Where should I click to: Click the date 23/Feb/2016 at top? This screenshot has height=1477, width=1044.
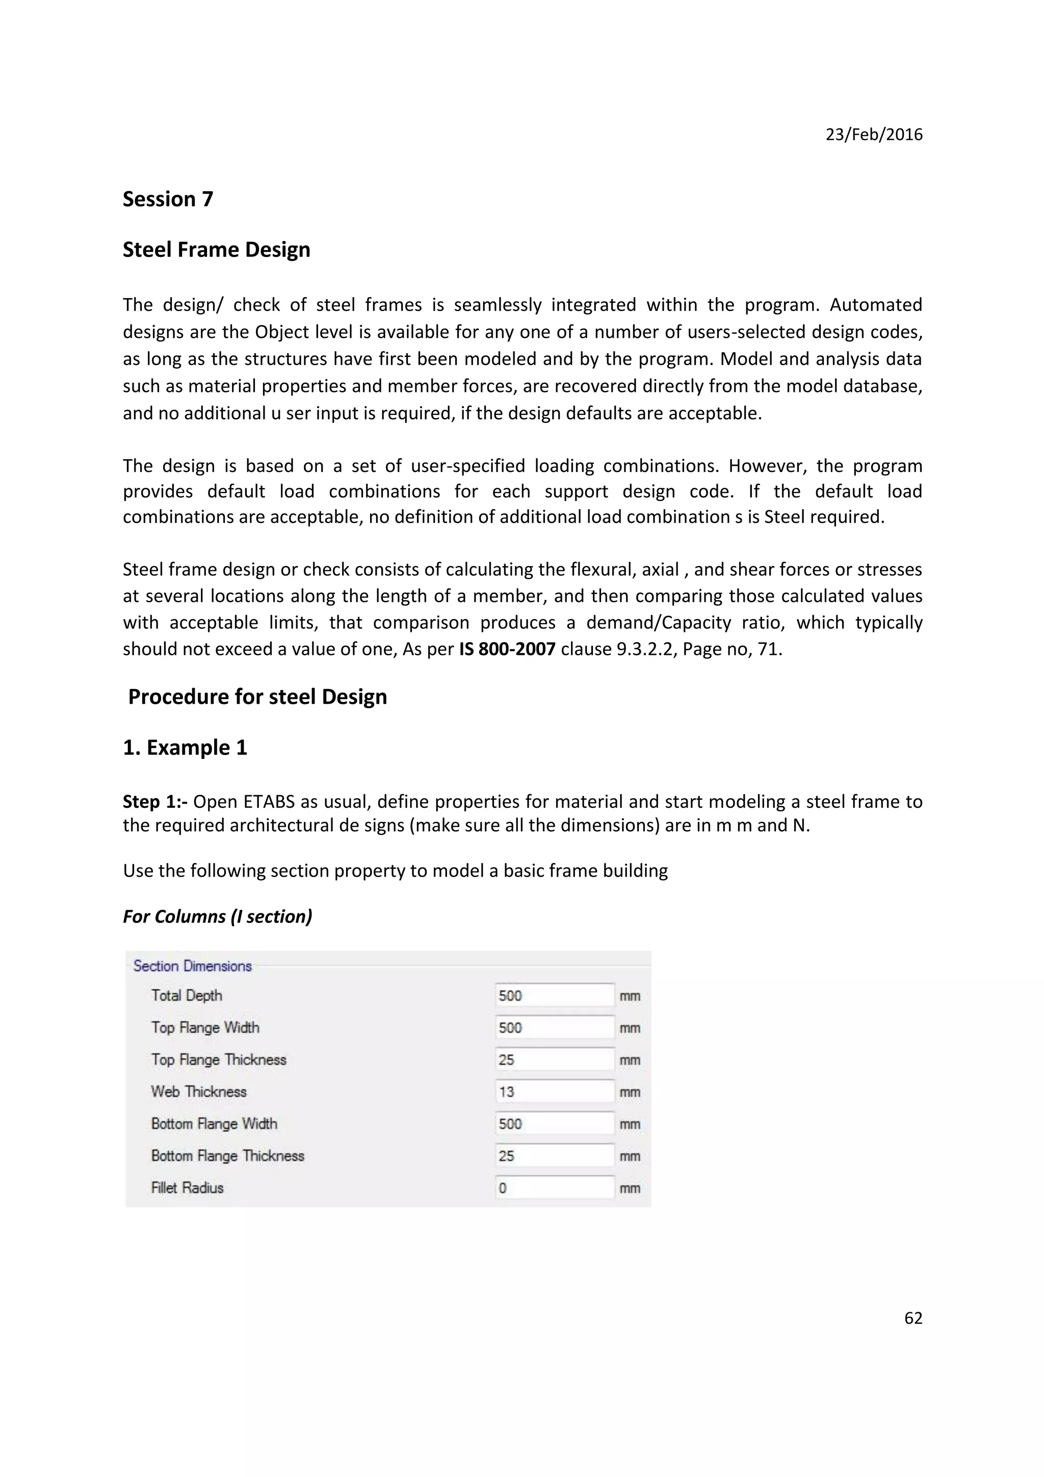pos(874,135)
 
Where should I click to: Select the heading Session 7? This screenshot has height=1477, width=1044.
pos(167,199)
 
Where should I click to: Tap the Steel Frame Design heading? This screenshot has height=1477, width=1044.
pos(216,250)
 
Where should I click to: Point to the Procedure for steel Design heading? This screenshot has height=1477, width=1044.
pos(257,697)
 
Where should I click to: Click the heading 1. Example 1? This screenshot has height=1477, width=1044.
pos(185,748)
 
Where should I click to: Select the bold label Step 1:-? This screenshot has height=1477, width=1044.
pos(155,802)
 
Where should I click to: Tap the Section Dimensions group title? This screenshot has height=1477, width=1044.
pos(192,966)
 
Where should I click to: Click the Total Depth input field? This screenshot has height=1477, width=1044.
pos(554,996)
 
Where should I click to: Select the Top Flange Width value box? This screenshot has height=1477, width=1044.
pos(554,1027)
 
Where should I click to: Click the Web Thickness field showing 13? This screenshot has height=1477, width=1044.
pos(554,1092)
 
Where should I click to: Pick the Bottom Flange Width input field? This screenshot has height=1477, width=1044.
pos(554,1124)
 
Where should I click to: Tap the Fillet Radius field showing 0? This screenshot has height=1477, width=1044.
pos(554,1188)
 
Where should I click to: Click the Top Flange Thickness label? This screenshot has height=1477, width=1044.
pos(219,1060)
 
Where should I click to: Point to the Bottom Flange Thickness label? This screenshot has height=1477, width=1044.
pos(227,1156)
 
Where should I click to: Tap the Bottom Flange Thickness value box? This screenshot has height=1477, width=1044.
pos(554,1156)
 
